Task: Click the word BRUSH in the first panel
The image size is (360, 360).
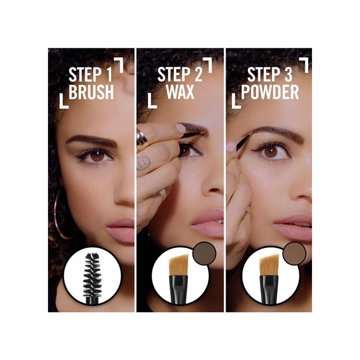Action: pos(91,92)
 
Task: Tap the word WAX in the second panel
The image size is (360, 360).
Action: pos(180,92)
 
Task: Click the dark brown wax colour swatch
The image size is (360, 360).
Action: pos(205,253)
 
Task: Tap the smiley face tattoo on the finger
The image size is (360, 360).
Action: pos(143,162)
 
